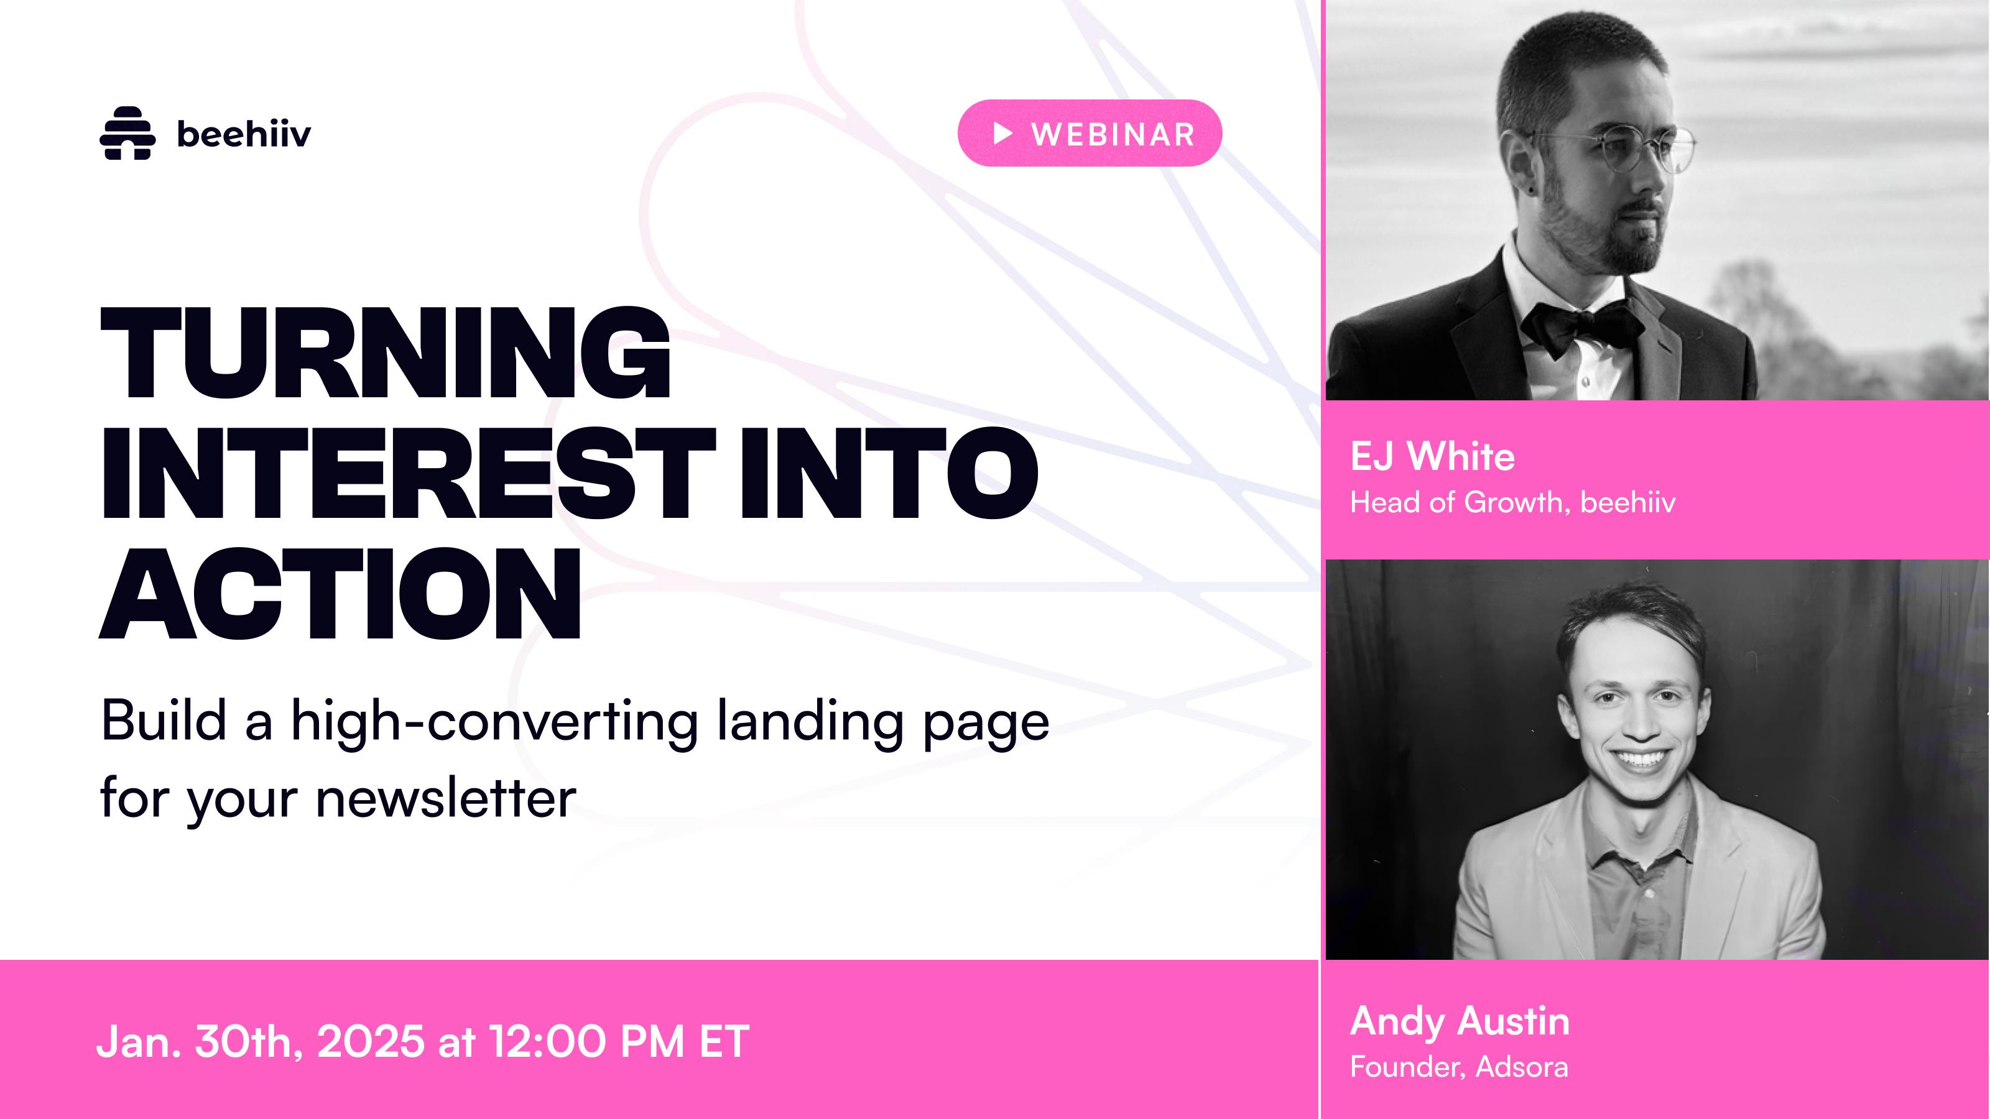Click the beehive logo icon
127,133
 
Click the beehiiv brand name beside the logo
244,134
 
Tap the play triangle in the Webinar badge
1002,134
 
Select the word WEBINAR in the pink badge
1113,134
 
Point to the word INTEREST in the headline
408,472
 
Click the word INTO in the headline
889,472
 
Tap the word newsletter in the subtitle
447,798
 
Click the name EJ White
1432,456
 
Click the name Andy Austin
1460,1021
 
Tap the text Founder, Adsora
1458,1067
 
